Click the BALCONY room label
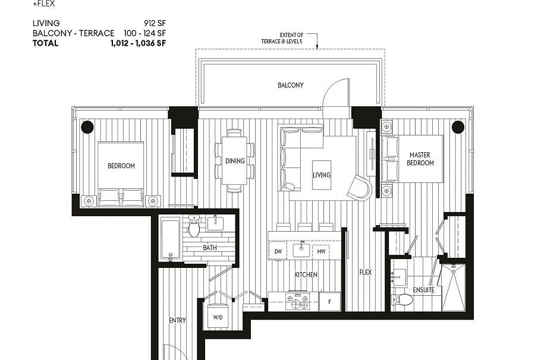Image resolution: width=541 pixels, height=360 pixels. tap(290, 86)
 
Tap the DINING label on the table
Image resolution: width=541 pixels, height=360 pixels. tap(235, 160)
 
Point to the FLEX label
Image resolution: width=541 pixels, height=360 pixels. tap(365, 273)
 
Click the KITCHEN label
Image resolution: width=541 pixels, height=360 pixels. tap(306, 275)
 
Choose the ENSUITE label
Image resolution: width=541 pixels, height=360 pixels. tap(424, 290)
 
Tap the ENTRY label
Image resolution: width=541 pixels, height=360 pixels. tap(177, 320)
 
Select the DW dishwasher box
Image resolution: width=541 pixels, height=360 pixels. tap(278, 251)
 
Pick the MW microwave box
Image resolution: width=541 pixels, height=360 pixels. tap(321, 251)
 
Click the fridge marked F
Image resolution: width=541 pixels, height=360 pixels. tap(330, 301)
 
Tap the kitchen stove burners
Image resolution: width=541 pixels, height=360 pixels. tap(297, 301)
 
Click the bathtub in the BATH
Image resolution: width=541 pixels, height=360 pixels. tap(170, 240)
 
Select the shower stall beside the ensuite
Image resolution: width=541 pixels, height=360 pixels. tap(457, 288)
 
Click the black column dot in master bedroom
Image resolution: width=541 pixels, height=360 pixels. tap(457, 127)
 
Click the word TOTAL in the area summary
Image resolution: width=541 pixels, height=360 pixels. tap(46, 43)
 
